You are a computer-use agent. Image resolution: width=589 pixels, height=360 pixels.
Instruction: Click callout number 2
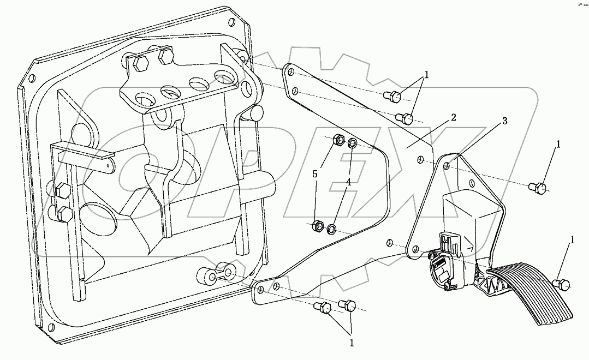click(x=453, y=118)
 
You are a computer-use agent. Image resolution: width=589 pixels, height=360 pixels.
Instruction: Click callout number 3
click(x=505, y=121)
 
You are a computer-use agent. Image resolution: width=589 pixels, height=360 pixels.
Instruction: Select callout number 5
click(x=314, y=174)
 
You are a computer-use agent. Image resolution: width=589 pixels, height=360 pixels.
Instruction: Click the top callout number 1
click(x=427, y=75)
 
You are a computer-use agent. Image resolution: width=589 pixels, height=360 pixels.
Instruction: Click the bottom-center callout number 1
click(x=352, y=344)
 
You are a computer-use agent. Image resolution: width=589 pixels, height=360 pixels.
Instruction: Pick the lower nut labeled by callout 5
click(x=317, y=224)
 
